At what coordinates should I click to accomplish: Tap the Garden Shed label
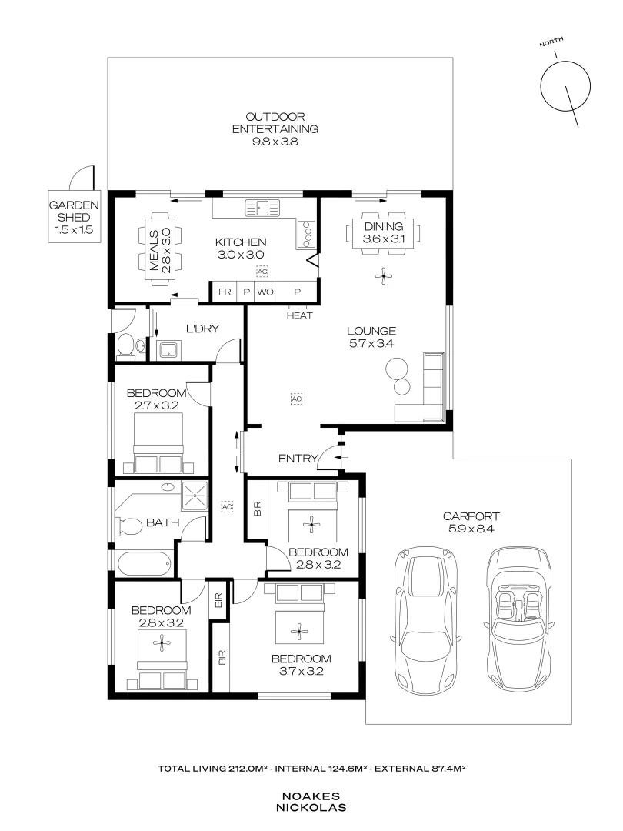75,218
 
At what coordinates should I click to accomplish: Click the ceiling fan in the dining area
382,275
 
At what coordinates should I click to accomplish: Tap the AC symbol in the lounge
295,399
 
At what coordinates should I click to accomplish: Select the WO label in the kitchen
265,292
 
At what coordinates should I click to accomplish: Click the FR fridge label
225,292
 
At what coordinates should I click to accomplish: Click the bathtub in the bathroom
144,564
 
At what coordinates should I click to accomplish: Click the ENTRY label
298,459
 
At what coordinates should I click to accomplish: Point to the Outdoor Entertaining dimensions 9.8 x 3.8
275,142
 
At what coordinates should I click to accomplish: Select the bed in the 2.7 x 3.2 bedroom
160,443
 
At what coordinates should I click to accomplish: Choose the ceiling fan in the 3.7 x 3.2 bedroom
299,632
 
